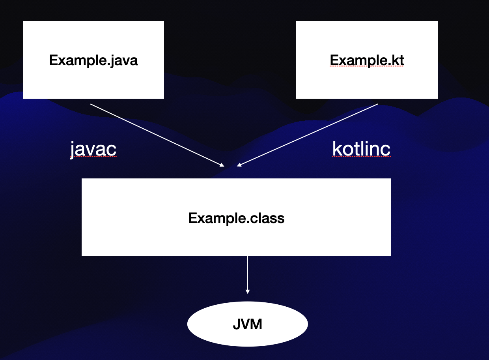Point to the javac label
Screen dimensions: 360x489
(93, 148)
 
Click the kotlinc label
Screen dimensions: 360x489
(361, 148)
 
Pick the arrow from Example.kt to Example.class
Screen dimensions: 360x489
(308, 135)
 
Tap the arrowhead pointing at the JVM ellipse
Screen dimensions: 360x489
(248, 291)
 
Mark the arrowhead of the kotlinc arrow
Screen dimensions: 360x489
(239, 165)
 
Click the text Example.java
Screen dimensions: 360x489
(93, 60)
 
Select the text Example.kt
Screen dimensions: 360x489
(367, 60)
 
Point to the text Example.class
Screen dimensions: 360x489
(236, 218)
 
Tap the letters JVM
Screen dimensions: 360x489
(247, 324)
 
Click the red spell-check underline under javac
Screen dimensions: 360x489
(93, 157)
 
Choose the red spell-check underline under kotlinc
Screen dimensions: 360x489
(361, 156)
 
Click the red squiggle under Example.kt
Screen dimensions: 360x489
(367, 67)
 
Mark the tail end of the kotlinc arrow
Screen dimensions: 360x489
(377, 105)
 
